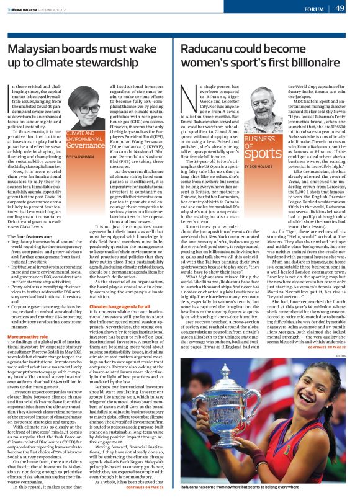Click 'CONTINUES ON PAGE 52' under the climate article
pyautogui.click(x=144, y=487)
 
